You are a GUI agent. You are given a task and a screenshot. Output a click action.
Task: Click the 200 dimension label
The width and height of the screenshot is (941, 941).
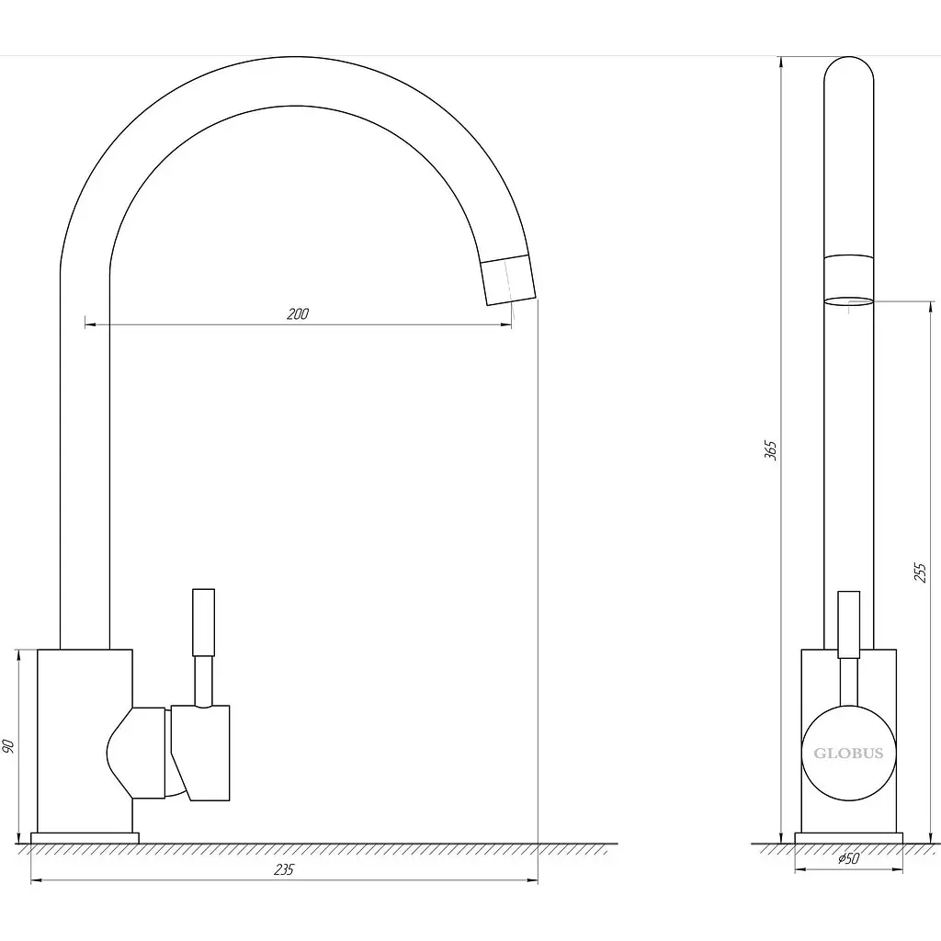298,314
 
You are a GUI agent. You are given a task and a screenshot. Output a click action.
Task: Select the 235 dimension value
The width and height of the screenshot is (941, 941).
284,869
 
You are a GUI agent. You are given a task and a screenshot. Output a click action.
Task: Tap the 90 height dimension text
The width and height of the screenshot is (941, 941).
8,746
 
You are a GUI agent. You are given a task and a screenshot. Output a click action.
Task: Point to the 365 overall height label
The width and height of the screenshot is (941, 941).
771,450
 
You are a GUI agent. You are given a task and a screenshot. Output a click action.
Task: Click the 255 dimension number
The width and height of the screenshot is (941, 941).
921,573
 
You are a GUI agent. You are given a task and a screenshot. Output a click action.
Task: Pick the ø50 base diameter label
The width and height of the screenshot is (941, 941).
848,859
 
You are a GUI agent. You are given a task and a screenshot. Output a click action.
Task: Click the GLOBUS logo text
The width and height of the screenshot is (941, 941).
848,754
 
